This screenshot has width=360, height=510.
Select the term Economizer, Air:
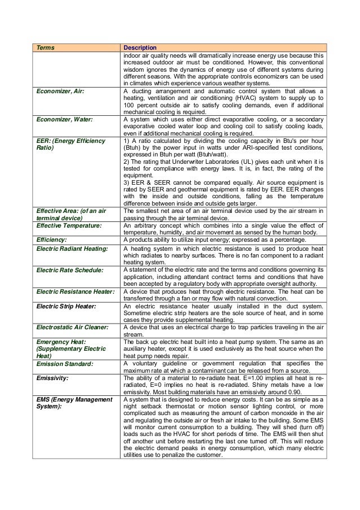pyautogui.click(x=60, y=90)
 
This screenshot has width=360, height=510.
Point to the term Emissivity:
pyautogui.click(x=52, y=377)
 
